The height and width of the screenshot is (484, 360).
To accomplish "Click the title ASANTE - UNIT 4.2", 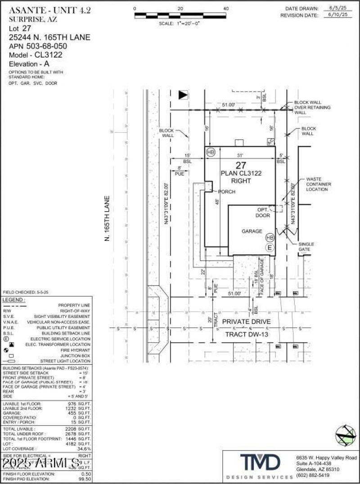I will [x=49, y=10].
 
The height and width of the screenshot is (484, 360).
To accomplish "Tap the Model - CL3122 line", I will [x=36, y=54].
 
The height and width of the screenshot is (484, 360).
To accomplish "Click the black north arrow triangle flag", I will [x=183, y=95].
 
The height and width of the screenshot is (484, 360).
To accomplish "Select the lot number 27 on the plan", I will [x=241, y=165].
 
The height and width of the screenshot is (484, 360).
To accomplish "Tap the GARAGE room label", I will [x=252, y=231].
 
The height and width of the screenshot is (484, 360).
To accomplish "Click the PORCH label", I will [x=227, y=191].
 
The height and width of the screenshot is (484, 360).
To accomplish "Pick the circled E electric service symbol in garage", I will [x=270, y=247].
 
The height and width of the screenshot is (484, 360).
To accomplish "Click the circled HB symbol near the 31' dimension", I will [x=211, y=152].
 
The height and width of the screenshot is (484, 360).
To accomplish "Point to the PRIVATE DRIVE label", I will [x=246, y=321].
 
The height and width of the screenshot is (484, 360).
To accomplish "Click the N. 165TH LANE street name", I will [x=107, y=218].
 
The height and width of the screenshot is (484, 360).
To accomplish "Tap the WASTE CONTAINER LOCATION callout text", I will [x=319, y=184].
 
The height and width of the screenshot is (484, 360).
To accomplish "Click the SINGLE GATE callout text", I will [x=306, y=246].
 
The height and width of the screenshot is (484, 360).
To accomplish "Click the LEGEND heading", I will [x=14, y=300].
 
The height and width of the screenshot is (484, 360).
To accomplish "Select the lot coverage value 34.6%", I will [x=84, y=449].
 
